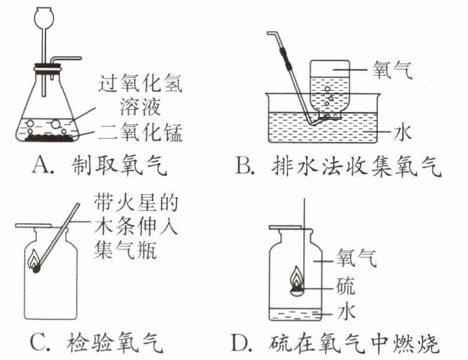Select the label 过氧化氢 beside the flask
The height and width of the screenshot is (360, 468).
coord(141,85)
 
